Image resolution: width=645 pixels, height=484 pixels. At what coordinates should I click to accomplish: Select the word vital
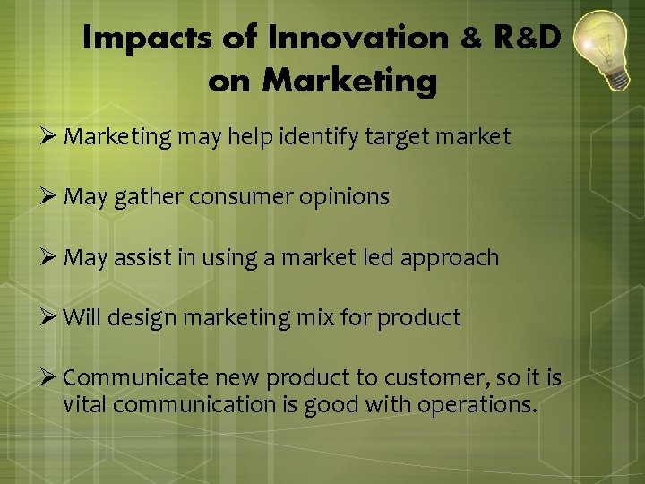pos(85,404)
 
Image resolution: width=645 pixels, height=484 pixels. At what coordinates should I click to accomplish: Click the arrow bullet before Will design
pos(50,317)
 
